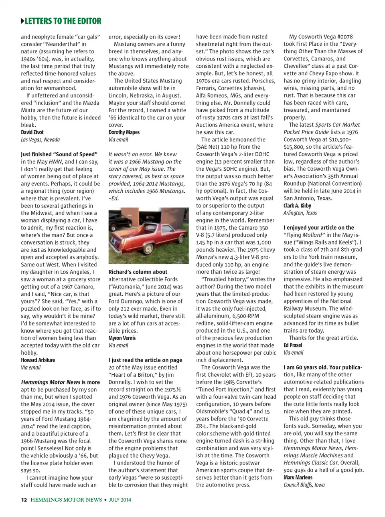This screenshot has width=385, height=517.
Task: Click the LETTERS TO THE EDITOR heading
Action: [x=63, y=21]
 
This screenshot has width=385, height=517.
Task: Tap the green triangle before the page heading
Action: [x=22, y=21]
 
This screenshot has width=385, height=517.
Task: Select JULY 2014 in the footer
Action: [x=120, y=500]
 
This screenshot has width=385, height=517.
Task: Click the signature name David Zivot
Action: [x=32, y=132]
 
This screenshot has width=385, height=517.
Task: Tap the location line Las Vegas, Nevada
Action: [x=40, y=139]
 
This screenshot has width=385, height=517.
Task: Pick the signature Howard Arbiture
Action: [x=38, y=360]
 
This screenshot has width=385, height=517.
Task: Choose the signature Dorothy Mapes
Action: [x=124, y=132]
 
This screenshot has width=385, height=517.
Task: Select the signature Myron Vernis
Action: [x=122, y=338]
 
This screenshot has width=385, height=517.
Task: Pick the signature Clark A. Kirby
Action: [x=297, y=206]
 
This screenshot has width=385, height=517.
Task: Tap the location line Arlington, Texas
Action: [x=300, y=213]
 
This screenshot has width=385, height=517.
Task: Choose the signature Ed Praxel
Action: [x=293, y=345]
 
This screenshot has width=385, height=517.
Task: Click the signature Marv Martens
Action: [x=298, y=477]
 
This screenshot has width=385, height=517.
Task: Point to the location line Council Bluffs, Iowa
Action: [x=304, y=485]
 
